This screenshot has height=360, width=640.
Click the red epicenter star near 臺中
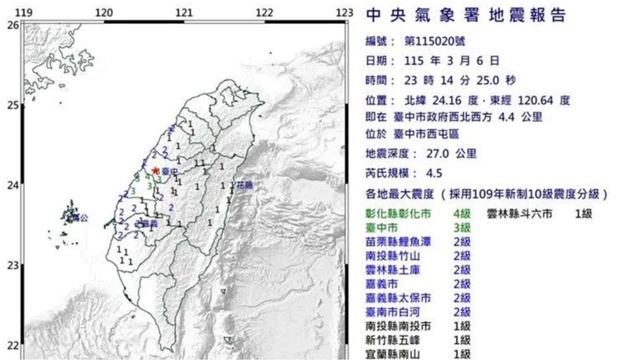pos(155,170)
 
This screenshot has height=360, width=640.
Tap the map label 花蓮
pos(244,185)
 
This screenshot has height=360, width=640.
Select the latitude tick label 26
pos(13,25)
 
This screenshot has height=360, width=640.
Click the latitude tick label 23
pos(13,265)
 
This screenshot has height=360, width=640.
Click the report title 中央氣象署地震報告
pos(466,15)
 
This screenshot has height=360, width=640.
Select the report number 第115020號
pos(437,41)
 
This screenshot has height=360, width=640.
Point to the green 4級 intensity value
pos(461,214)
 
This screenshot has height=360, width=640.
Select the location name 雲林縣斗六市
pos(519,214)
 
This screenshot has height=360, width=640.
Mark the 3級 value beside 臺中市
pos(461,228)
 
